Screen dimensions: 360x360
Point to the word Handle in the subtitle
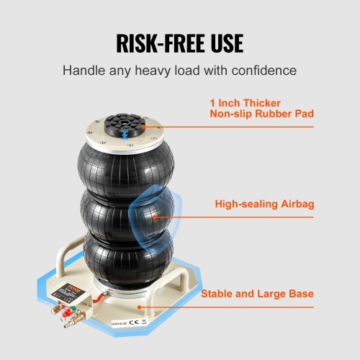(84, 71)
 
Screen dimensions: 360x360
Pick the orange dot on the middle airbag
(153, 216)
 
